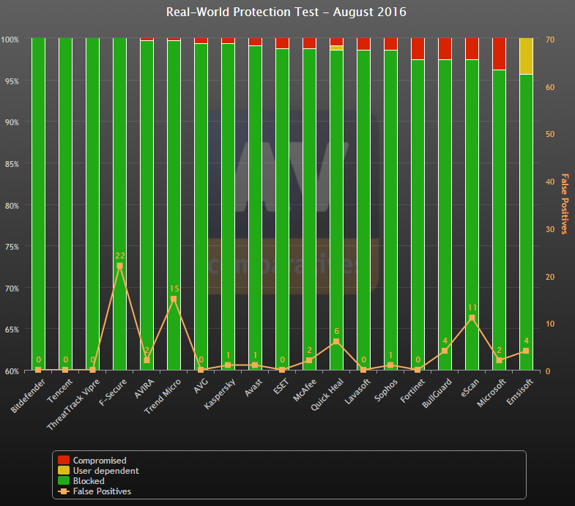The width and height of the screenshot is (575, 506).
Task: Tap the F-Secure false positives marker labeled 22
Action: coord(119,266)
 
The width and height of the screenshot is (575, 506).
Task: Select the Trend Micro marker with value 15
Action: coord(174,299)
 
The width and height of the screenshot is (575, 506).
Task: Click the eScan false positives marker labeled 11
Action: coord(472,318)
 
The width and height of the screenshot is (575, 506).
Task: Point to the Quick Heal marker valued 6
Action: coord(336,342)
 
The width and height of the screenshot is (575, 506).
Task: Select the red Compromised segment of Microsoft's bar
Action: coord(499,53)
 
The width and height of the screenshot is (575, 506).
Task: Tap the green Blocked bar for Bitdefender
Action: coord(38,205)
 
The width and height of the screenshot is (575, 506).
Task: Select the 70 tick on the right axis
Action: coord(549,39)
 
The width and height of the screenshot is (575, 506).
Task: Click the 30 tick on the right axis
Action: coord(549,228)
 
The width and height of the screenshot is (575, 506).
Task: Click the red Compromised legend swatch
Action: coord(64,461)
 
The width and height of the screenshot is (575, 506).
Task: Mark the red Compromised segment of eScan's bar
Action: coord(472,48)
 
